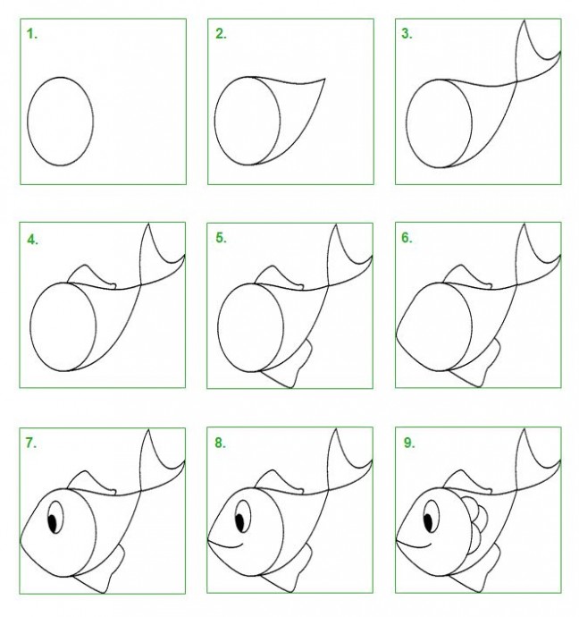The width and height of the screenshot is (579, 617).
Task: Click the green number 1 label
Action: (32, 34)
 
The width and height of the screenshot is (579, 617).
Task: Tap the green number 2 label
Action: (221, 34)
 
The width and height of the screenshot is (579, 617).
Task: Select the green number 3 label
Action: (407, 34)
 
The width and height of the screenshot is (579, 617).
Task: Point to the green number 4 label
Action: (33, 240)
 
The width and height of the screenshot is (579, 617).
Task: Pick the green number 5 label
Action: (221, 238)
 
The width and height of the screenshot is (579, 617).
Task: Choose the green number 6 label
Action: (407, 238)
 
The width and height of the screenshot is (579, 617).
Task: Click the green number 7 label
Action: (31, 443)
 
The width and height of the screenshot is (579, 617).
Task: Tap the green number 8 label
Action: (220, 443)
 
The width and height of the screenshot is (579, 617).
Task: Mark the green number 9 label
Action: (409, 443)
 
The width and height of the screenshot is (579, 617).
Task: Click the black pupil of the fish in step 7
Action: (52, 523)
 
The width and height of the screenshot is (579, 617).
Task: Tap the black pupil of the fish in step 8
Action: (239, 522)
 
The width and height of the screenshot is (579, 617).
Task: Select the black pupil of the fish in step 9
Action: (428, 522)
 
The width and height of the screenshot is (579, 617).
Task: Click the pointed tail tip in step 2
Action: (324, 79)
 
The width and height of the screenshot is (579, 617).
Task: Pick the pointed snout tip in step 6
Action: (397, 335)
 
